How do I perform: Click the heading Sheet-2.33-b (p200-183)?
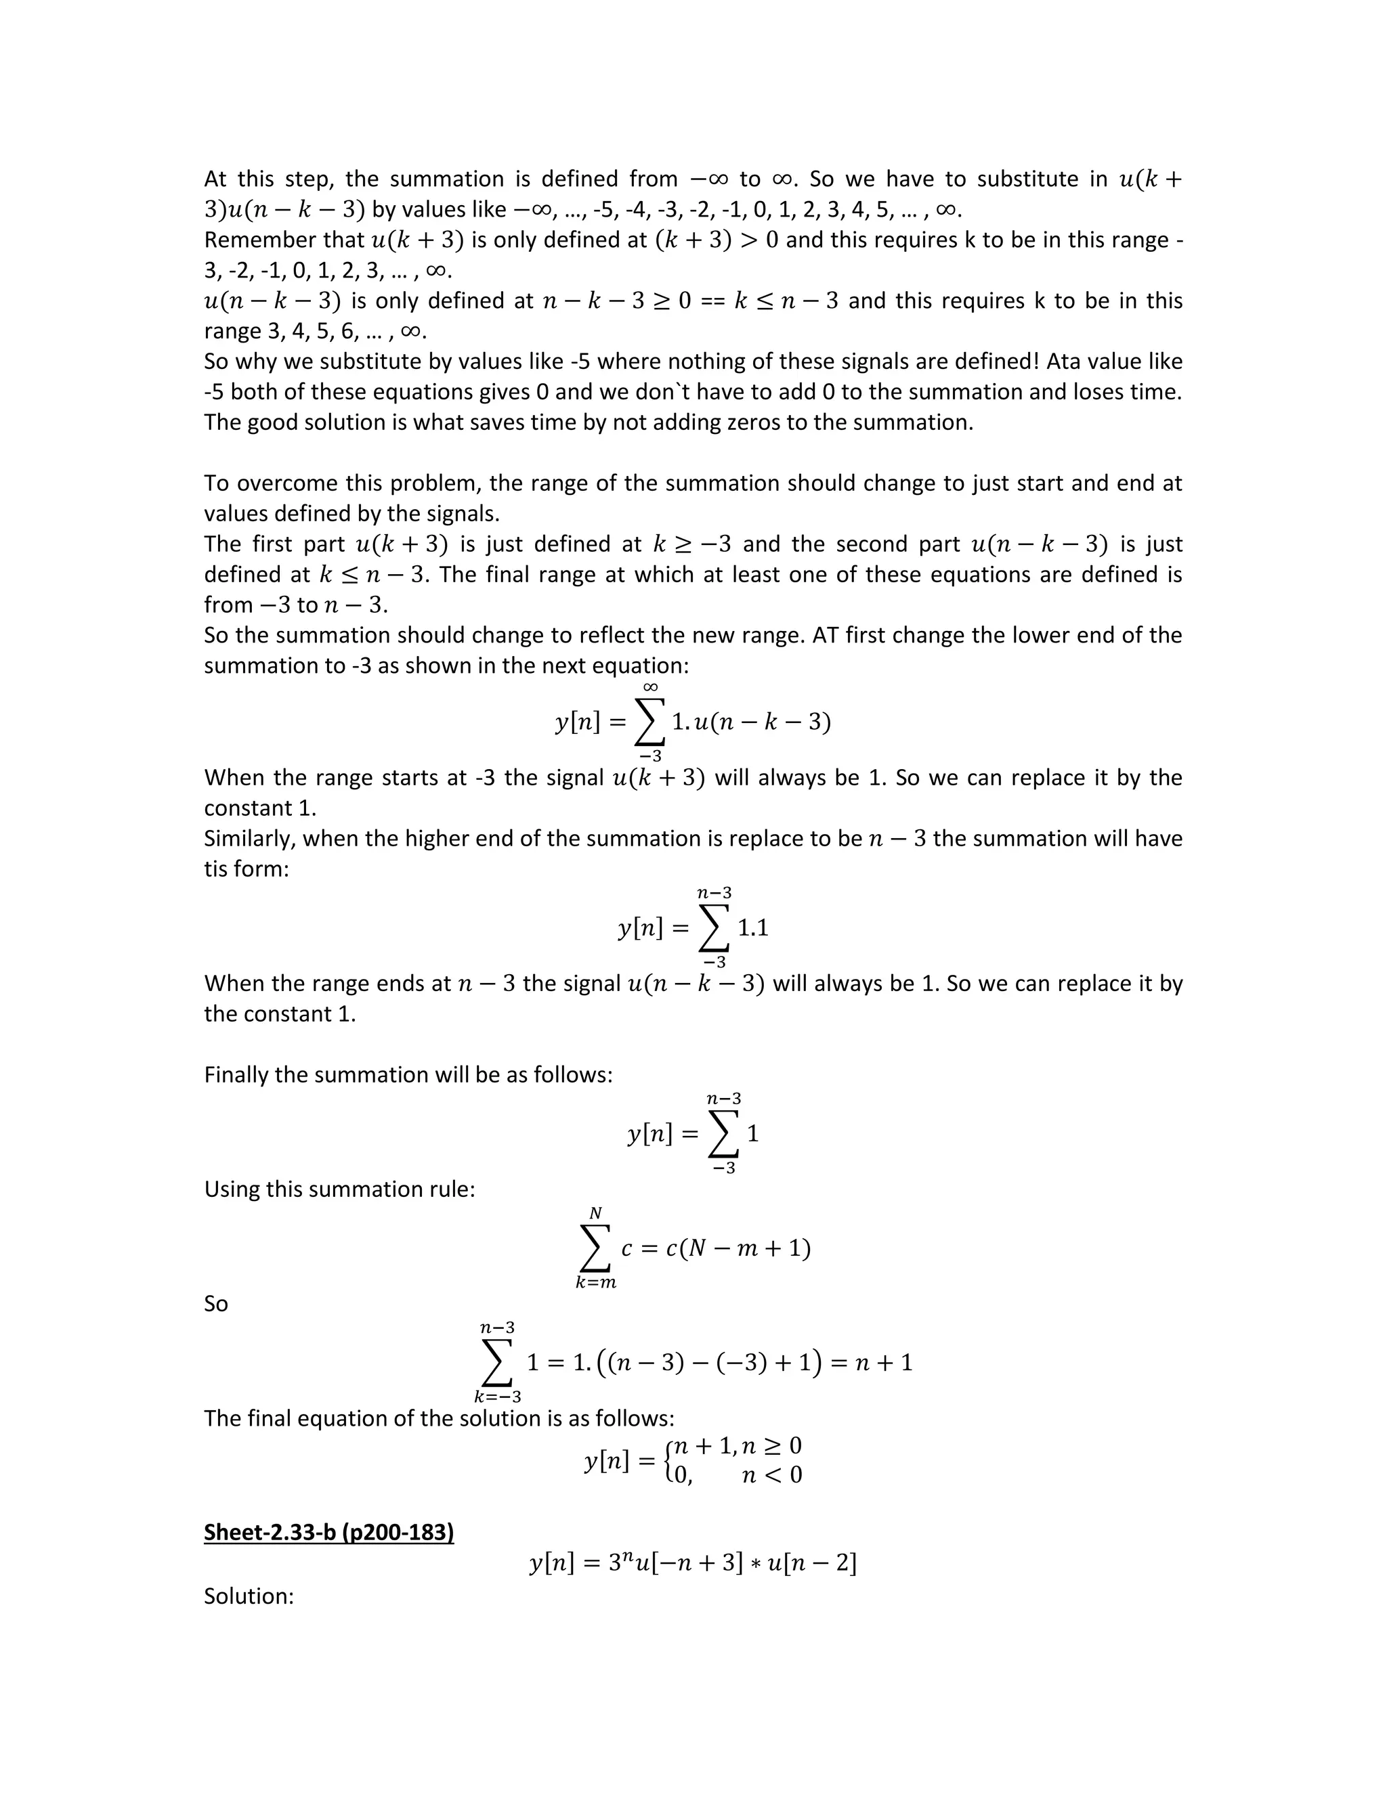pyautogui.click(x=328, y=1533)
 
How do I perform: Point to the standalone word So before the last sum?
pyautogui.click(x=215, y=1304)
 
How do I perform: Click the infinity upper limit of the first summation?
pyautogui.click(x=650, y=686)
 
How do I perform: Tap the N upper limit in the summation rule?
pyautogui.click(x=596, y=1213)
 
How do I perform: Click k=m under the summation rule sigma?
pyautogui.click(x=596, y=1283)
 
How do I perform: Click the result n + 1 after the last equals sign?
pyautogui.click(x=883, y=1363)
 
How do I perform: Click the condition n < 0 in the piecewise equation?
pyautogui.click(x=771, y=1475)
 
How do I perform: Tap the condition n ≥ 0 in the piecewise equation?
pyautogui.click(x=771, y=1446)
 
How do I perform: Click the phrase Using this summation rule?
pyautogui.click(x=339, y=1189)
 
